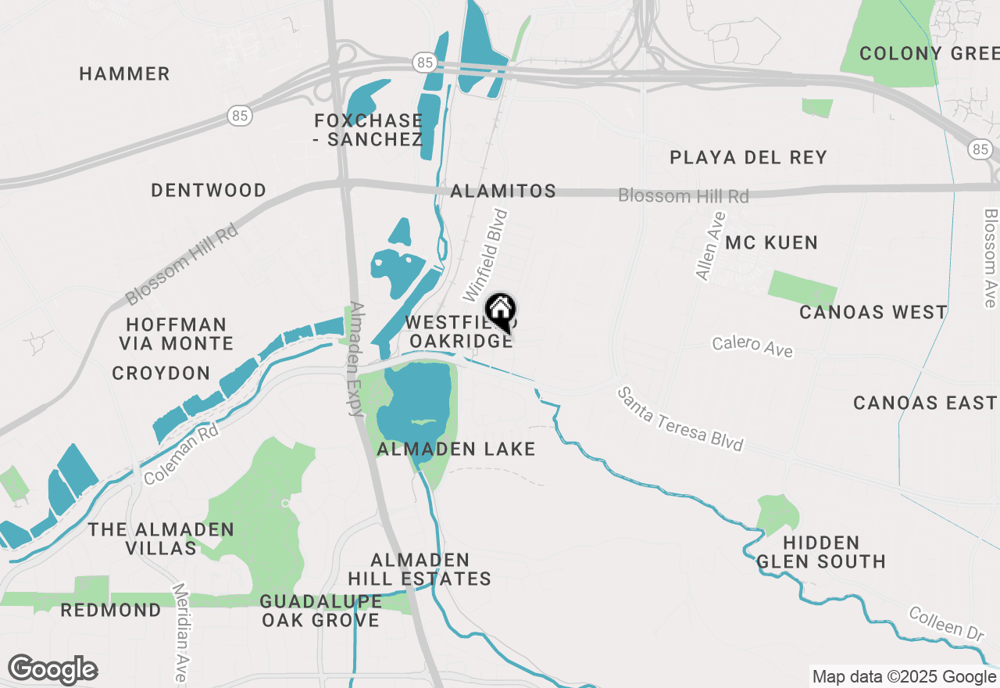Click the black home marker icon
pyautogui.click(x=500, y=311)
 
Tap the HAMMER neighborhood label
pyautogui.click(x=125, y=74)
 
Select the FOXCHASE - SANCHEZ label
pyautogui.click(x=369, y=131)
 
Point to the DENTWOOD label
pyautogui.click(x=209, y=191)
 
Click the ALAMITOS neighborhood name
pyautogui.click(x=503, y=192)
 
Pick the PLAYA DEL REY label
pyautogui.click(x=748, y=158)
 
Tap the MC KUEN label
pyautogui.click(x=771, y=243)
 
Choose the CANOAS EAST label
pyautogui.click(x=924, y=403)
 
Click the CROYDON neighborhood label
pyautogui.click(x=162, y=374)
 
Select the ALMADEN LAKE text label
pyautogui.click(x=456, y=450)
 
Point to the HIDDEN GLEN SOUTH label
pyautogui.click(x=820, y=552)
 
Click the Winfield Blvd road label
pyautogui.click(x=486, y=256)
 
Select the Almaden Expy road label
pyautogui.click(x=357, y=359)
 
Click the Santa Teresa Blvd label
pyautogui.click(x=680, y=419)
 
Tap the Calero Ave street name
pyautogui.click(x=752, y=346)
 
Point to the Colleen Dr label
pyautogui.click(x=945, y=625)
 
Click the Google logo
pyautogui.click(x=52, y=670)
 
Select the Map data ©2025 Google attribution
pyautogui.click(x=904, y=677)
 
